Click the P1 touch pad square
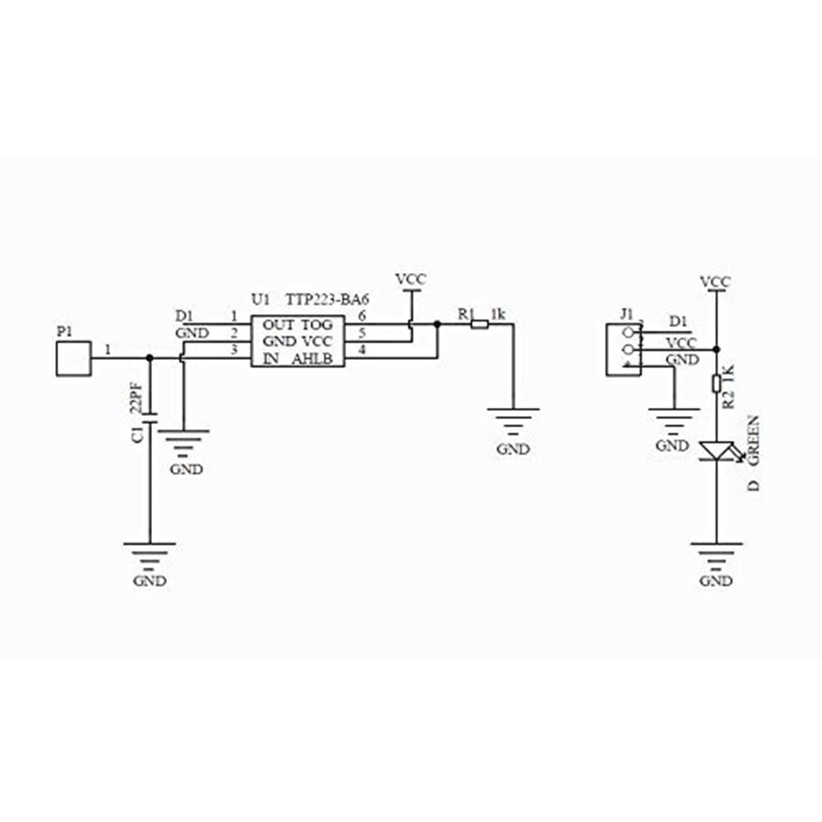pos(74,358)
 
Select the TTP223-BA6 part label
pos(327,300)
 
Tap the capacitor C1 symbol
pos(150,418)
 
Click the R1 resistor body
pos(480,325)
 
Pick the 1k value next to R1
pos(498,315)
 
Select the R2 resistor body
pos(717,384)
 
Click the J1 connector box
pos(623,350)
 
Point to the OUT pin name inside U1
pos(279,325)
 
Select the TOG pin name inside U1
pos(316,325)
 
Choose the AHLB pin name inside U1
pos(312,360)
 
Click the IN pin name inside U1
pos(271,360)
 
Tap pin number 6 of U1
pos(361,316)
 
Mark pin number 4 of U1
pos(361,349)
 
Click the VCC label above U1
pos(411,279)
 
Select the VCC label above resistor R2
pos(716,282)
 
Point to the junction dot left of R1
pos(437,325)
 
